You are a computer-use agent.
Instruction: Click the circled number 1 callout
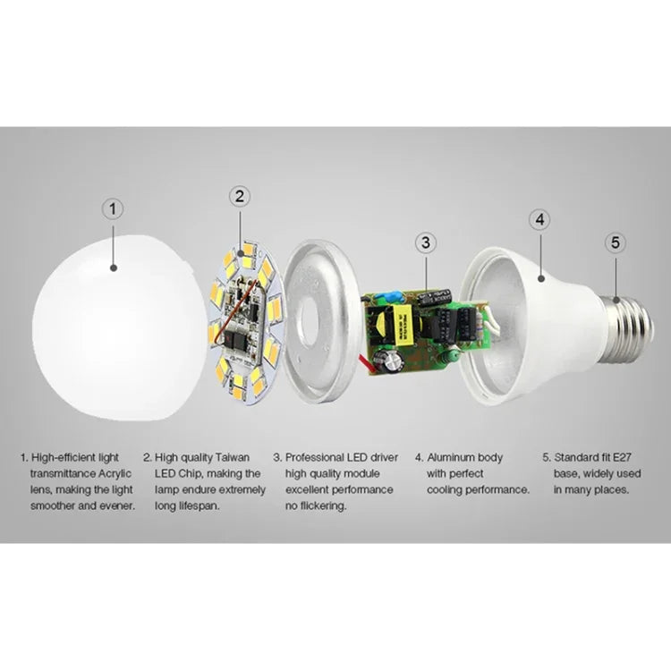tap(113, 208)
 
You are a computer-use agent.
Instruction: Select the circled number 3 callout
tap(426, 242)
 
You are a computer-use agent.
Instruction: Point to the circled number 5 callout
tap(614, 242)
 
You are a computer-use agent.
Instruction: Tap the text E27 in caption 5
tap(624, 457)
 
